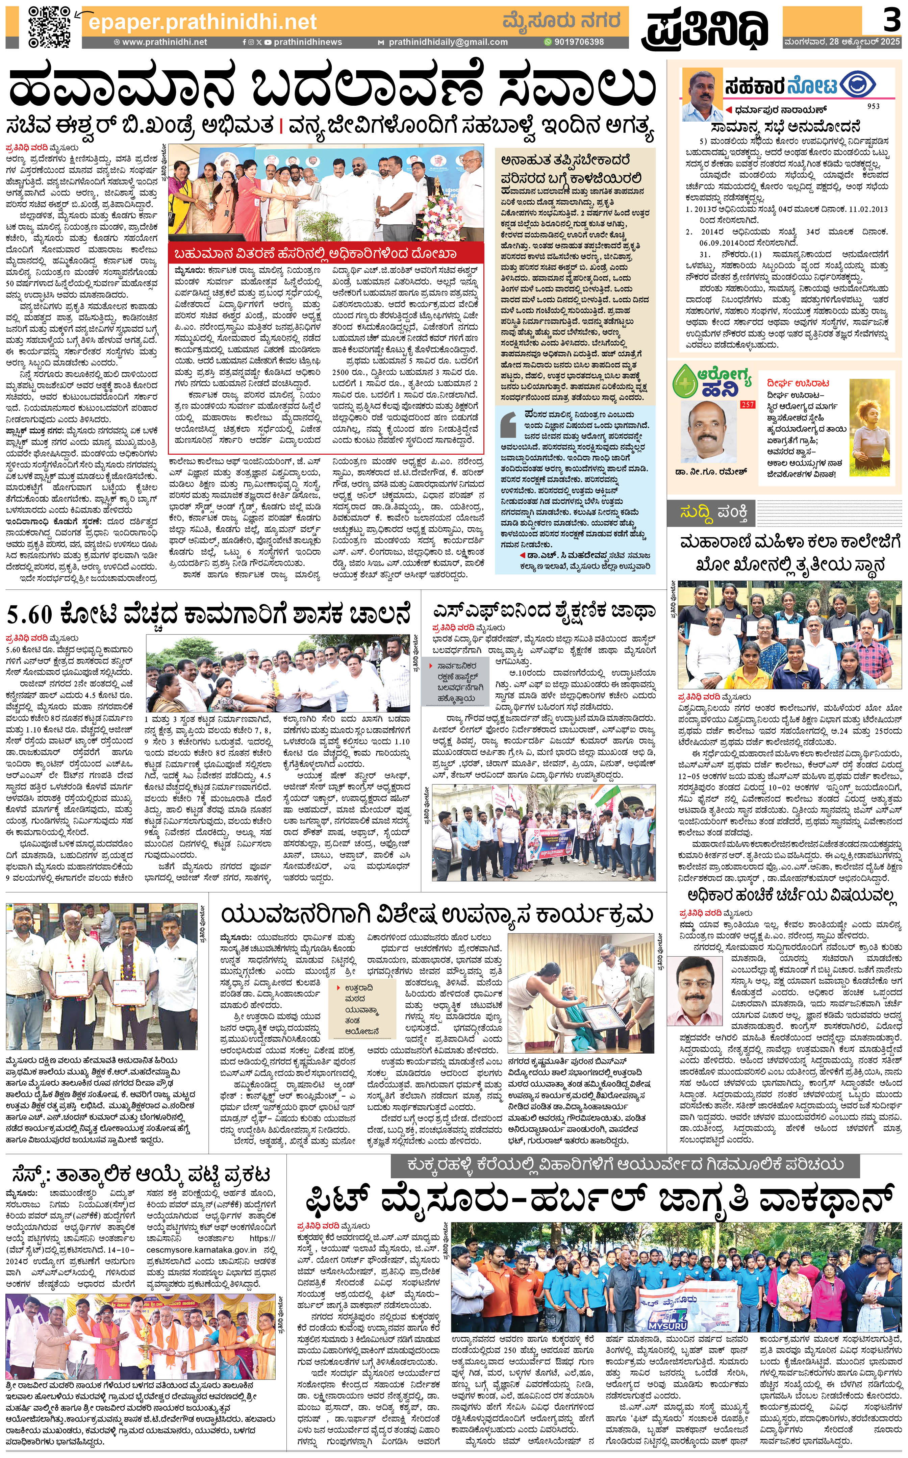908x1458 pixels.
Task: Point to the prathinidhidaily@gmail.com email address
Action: pos(447,42)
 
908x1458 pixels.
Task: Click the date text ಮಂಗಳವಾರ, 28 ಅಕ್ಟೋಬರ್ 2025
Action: pos(841,42)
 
